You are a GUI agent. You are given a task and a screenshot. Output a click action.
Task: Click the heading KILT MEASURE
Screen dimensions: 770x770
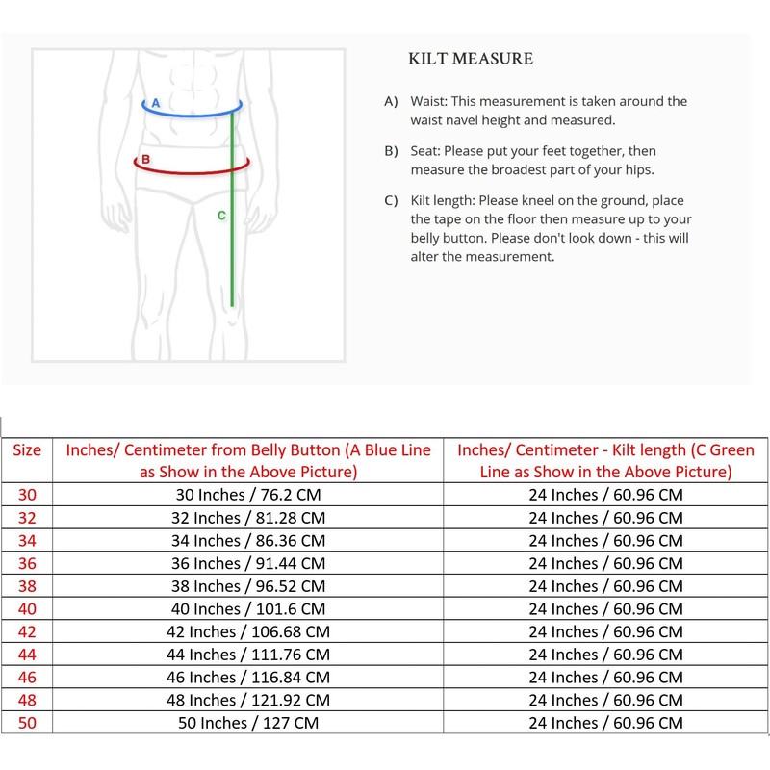pyautogui.click(x=471, y=60)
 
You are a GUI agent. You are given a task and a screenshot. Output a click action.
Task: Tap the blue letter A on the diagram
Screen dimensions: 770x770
pyautogui.click(x=156, y=102)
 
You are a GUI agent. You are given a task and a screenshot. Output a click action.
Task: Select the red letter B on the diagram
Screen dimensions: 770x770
pyautogui.click(x=144, y=159)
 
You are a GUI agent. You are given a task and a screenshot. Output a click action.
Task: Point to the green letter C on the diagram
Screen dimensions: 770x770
pyautogui.click(x=221, y=216)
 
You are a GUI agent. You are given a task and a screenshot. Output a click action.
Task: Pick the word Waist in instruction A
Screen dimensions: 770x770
pyautogui.click(x=429, y=101)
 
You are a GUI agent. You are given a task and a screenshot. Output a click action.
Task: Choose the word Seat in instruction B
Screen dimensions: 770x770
pyautogui.click(x=425, y=151)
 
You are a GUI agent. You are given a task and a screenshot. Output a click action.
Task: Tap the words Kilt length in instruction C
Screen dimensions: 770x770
pyautogui.click(x=446, y=201)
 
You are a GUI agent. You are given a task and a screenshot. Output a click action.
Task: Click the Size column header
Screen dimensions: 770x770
pyautogui.click(x=26, y=449)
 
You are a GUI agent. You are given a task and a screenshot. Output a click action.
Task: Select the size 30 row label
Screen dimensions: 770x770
pyautogui.click(x=26, y=495)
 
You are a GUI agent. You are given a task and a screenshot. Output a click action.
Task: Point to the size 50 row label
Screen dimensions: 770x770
pyautogui.click(x=26, y=723)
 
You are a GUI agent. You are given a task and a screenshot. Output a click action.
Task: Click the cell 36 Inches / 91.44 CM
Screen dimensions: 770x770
pyautogui.click(x=248, y=563)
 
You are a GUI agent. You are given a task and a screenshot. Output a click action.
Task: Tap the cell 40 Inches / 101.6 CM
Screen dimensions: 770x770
pyautogui.click(x=248, y=609)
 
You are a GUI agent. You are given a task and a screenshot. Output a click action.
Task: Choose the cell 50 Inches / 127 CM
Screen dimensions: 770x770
pyautogui.click(x=248, y=723)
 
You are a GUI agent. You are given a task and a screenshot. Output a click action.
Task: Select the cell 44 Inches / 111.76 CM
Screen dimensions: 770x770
pyautogui.click(x=248, y=654)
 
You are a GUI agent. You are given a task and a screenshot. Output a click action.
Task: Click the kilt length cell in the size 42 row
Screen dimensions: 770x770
pyautogui.click(x=605, y=631)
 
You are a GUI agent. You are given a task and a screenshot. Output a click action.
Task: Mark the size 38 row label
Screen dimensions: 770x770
pyautogui.click(x=26, y=586)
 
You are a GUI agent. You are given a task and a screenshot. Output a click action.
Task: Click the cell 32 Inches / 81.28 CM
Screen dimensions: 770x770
pyautogui.click(x=248, y=518)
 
